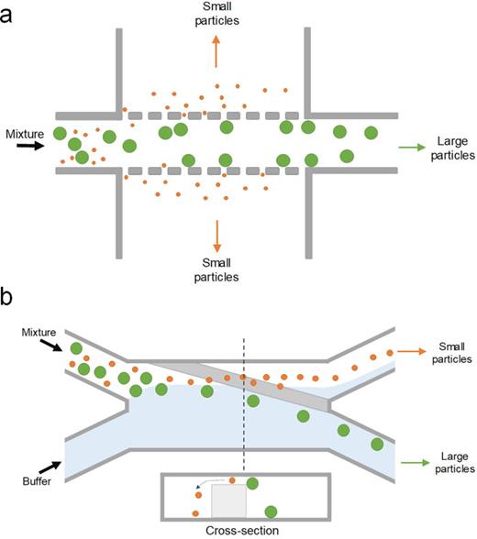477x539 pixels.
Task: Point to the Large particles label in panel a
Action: coord(449,147)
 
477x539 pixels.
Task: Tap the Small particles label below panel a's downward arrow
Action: coord(216,269)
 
